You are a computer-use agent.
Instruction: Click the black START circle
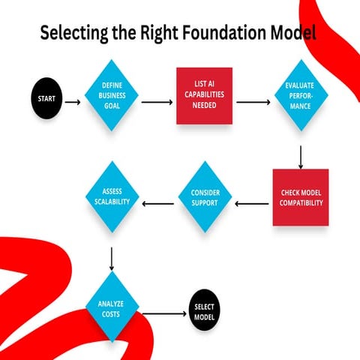[x=46, y=98]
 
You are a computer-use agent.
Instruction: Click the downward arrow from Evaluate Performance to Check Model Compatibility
[x=300, y=155]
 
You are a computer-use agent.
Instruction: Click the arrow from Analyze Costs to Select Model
[x=163, y=313]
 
